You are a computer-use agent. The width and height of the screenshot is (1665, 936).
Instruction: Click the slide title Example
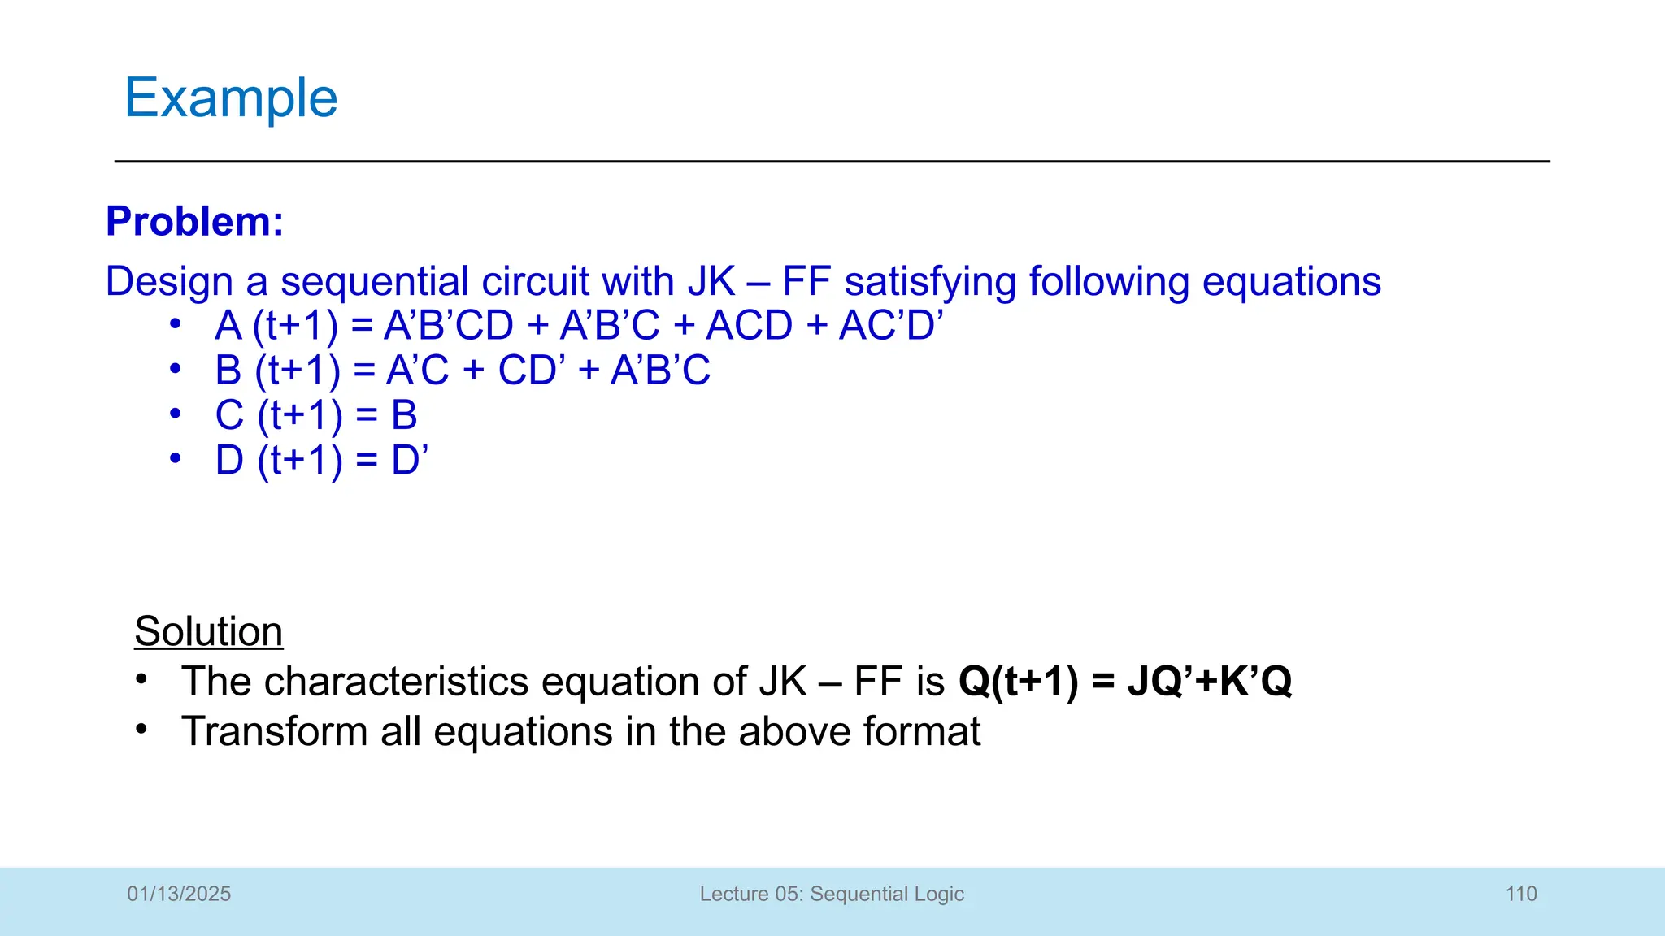point(231,98)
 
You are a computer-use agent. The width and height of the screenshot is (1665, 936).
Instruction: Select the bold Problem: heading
point(195,221)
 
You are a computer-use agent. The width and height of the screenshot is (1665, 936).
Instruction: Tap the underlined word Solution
point(209,631)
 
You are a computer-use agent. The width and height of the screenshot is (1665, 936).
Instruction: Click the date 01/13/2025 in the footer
point(179,894)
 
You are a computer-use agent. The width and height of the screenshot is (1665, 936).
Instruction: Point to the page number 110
point(1520,894)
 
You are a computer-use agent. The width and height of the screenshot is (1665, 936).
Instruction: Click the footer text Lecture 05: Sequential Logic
point(832,894)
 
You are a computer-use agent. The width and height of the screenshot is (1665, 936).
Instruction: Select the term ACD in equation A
point(749,326)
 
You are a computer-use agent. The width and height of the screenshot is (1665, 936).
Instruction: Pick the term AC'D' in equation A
point(891,326)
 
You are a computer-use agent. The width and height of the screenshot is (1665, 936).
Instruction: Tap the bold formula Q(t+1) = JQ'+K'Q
point(1125,681)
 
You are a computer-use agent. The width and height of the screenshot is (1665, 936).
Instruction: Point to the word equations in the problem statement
point(1291,282)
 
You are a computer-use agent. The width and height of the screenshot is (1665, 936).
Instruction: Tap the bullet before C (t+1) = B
point(175,414)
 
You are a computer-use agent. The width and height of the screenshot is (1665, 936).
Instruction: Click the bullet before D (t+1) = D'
point(175,458)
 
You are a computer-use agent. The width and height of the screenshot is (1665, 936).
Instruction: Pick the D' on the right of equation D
point(409,460)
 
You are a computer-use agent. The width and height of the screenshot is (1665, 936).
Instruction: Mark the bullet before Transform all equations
point(142,729)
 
